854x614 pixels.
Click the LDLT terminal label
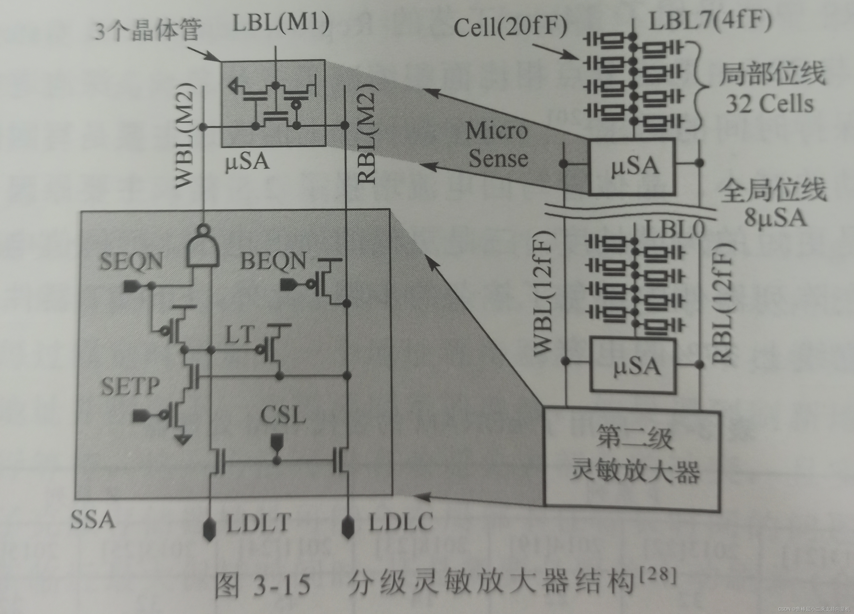(259, 523)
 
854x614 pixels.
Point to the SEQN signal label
(131, 261)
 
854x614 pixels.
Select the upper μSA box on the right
(632, 166)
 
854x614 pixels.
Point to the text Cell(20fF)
(510, 27)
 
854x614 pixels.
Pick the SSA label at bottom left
(93, 520)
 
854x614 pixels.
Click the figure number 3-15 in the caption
(282, 585)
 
